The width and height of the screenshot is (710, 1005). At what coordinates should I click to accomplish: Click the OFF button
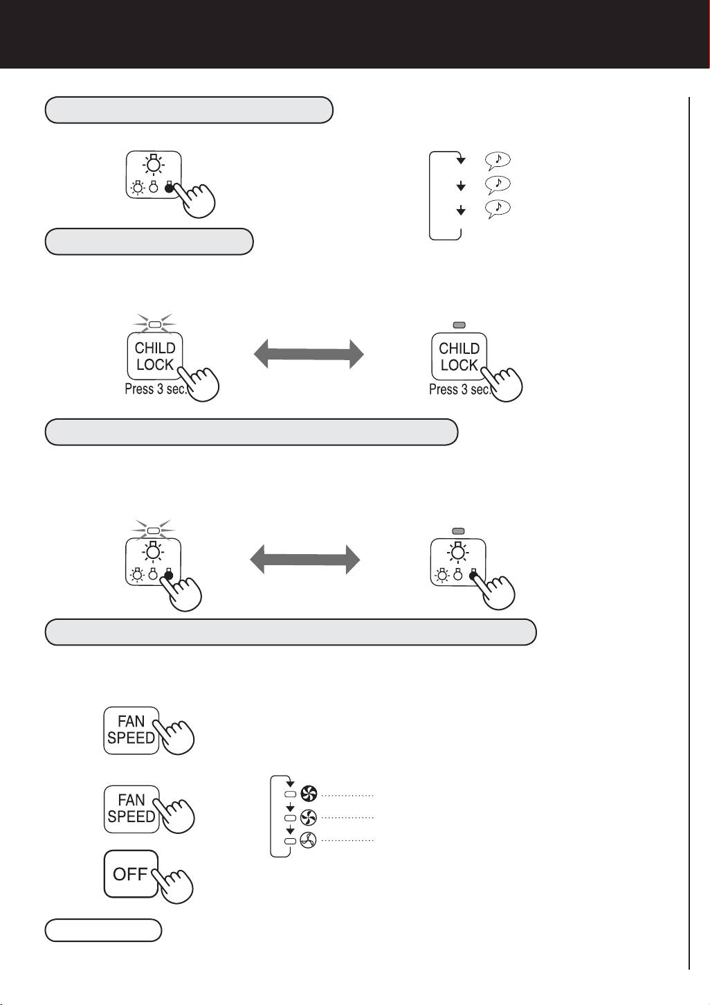tap(131, 874)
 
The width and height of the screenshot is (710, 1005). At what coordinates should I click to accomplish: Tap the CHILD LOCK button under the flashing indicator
tap(155, 356)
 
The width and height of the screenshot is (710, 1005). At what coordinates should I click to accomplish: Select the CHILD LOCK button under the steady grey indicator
tap(459, 356)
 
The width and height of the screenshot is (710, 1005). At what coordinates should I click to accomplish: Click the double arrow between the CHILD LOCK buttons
tap(309, 354)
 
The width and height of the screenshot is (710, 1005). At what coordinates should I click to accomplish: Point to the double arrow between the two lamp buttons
tap(305, 559)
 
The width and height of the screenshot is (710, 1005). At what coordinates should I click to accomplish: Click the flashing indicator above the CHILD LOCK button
tap(155, 324)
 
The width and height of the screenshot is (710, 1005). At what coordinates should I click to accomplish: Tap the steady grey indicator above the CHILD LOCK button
tap(459, 325)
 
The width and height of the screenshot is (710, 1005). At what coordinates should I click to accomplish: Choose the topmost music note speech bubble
tap(498, 160)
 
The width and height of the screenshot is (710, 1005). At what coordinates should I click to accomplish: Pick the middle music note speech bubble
tap(498, 184)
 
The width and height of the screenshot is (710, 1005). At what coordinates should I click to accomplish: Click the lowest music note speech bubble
tap(498, 208)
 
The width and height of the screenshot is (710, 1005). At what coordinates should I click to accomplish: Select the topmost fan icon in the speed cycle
tap(309, 794)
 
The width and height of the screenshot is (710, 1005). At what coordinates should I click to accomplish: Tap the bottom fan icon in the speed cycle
tap(309, 840)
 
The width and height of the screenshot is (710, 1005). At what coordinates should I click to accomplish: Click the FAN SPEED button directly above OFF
tap(131, 809)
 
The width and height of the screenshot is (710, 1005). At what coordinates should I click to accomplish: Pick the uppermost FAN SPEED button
tap(131, 730)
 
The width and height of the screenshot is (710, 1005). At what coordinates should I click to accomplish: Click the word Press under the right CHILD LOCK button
tap(443, 389)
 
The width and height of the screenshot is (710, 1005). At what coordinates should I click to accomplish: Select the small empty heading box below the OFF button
tap(103, 930)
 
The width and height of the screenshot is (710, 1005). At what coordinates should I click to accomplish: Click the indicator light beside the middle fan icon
tap(291, 818)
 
